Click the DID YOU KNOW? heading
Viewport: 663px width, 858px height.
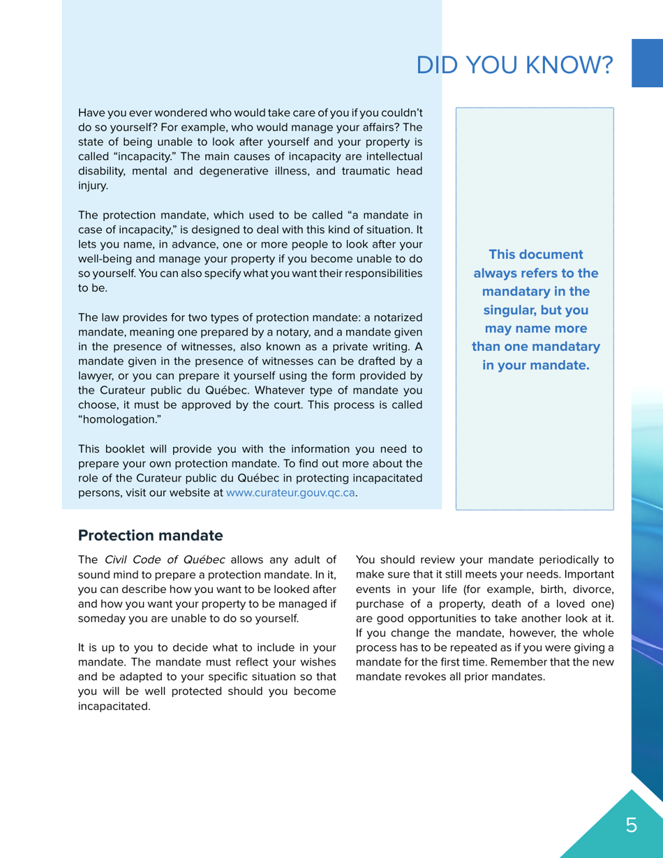pos(514,66)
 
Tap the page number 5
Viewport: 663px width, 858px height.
pos(631,826)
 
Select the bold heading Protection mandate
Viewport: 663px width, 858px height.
pos(150,536)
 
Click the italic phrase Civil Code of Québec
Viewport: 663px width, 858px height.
pos(165,559)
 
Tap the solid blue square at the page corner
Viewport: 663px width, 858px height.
pos(647,63)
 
